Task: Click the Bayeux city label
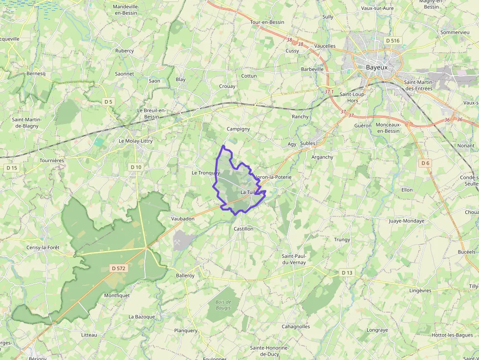tap(376, 67)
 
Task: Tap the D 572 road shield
tap(119, 268)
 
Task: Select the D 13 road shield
tap(347, 272)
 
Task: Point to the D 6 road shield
tap(425, 163)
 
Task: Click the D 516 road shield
tap(392, 41)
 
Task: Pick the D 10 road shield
tap(136, 167)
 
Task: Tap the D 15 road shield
tap(12, 168)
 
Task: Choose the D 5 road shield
tap(108, 102)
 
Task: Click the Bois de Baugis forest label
tap(223, 305)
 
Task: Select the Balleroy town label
tap(185, 275)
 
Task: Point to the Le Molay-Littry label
tap(136, 141)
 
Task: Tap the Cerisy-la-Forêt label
tap(43, 248)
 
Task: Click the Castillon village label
tap(243, 229)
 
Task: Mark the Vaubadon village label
tap(183, 219)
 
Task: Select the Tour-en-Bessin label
tap(267, 22)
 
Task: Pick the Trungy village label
tap(342, 240)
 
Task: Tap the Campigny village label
tap(239, 129)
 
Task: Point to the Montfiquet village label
tap(117, 296)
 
